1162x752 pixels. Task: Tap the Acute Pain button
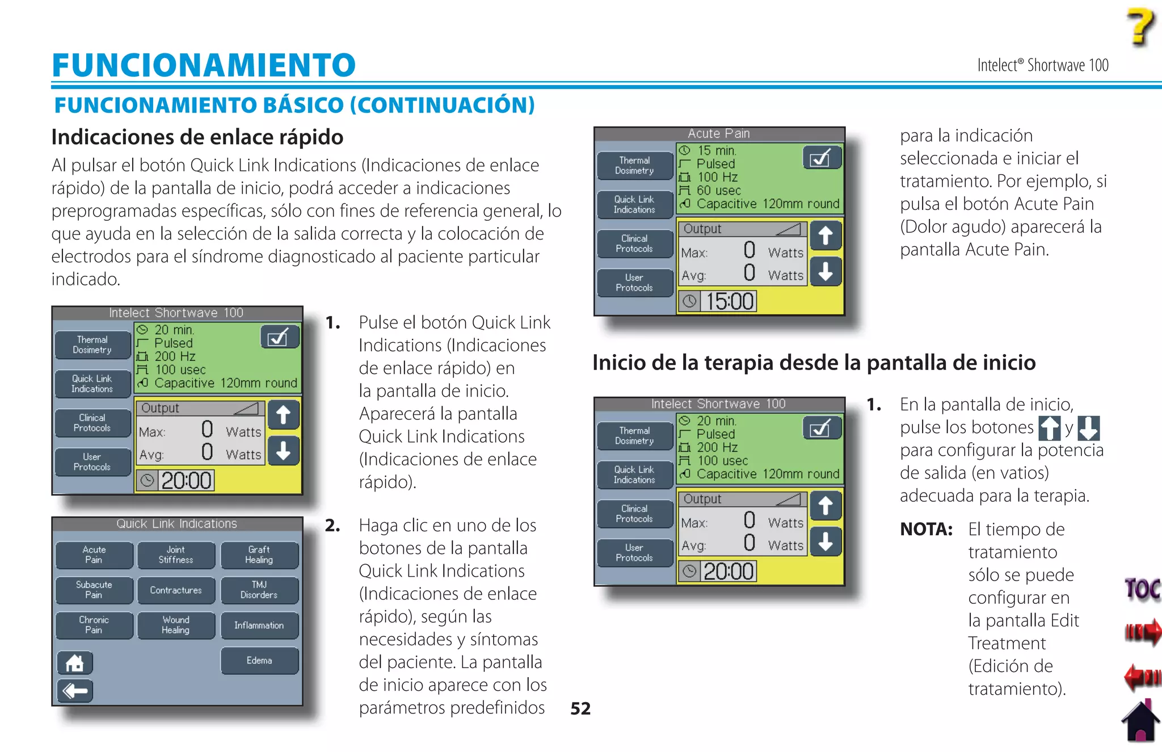coord(94,555)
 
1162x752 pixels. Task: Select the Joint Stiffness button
coord(176,555)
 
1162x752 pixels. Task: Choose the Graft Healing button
coord(259,555)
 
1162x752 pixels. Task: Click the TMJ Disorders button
coord(259,590)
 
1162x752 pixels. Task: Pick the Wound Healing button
coord(176,625)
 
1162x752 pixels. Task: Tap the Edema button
coord(259,661)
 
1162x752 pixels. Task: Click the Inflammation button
coord(259,625)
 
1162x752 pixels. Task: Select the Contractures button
coord(176,590)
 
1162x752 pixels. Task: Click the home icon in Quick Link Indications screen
coord(74,663)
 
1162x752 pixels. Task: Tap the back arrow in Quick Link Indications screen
coord(74,691)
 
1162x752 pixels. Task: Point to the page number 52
coord(580,708)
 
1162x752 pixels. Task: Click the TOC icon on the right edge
coord(1142,589)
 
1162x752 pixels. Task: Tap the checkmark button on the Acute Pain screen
coord(821,158)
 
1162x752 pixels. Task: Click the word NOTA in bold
coord(926,530)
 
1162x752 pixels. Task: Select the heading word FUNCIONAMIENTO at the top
coord(204,65)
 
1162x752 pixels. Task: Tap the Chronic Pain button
coord(94,625)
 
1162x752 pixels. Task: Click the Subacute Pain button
coord(94,590)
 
